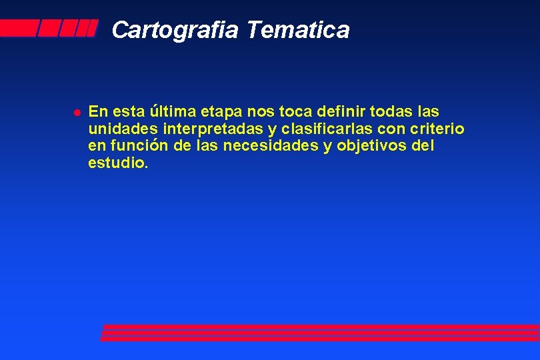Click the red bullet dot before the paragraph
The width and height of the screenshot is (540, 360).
point(77,112)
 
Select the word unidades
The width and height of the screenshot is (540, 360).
point(117,128)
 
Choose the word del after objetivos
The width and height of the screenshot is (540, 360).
point(423,145)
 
